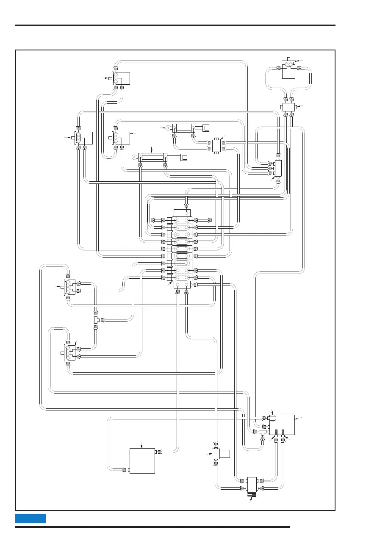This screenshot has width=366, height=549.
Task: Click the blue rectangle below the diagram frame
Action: (30, 518)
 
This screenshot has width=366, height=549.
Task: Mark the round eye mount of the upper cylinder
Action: (169, 127)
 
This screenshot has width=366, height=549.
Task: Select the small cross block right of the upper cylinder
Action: (216, 145)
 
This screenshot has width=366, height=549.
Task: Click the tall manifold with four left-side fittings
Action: (278, 168)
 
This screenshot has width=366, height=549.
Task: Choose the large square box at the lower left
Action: (142, 460)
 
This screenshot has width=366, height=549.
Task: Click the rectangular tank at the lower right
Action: (282, 424)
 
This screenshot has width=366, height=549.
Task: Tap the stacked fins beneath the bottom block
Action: (253, 494)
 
